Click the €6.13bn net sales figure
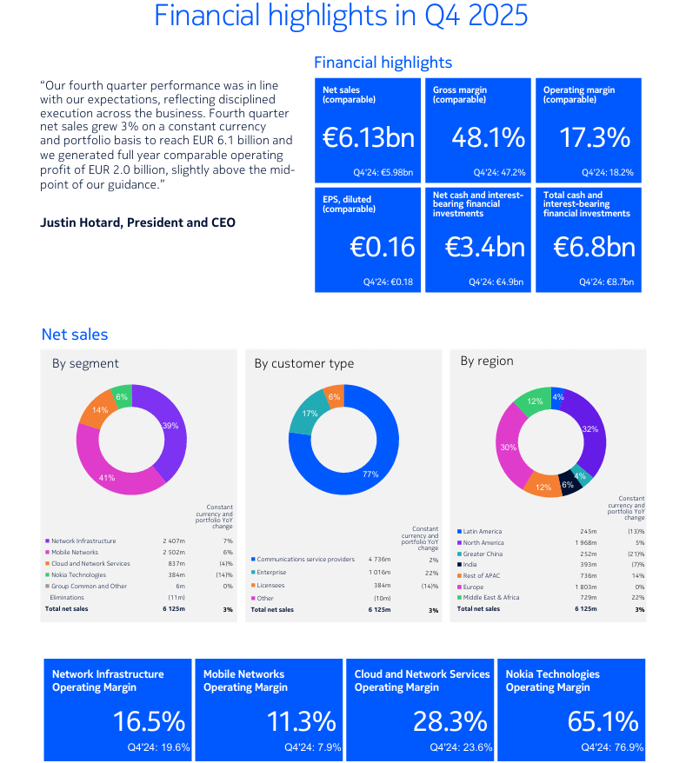[368, 137]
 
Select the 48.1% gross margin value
[488, 137]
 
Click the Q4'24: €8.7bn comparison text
[606, 282]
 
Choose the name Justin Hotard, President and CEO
[137, 222]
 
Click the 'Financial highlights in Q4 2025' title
[341, 17]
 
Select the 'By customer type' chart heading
[303, 363]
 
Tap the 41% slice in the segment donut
[107, 478]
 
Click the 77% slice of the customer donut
[370, 474]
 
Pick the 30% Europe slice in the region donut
[509, 448]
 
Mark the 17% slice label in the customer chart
[310, 414]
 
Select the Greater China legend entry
[483, 554]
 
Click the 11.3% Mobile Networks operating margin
[300, 721]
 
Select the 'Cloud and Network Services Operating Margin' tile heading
[422, 680]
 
